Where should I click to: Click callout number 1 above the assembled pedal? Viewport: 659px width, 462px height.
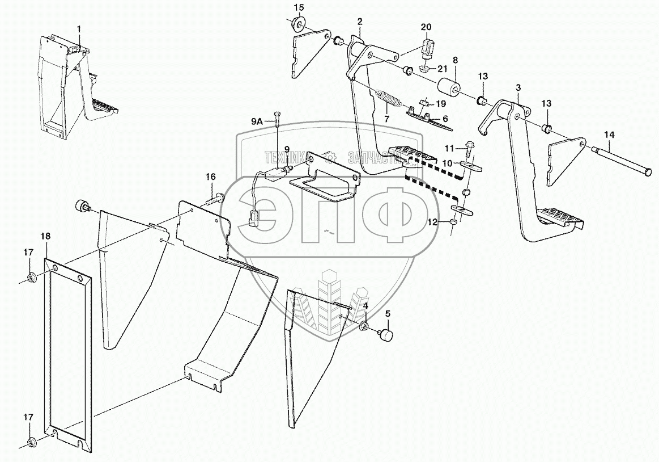(79, 28)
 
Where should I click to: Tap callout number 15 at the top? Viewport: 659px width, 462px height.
(299, 7)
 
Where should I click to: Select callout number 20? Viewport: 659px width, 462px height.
(426, 27)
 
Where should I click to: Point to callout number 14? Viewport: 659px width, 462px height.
(609, 135)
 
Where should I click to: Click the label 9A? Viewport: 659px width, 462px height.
(257, 120)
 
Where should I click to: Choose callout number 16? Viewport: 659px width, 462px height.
(210, 177)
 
